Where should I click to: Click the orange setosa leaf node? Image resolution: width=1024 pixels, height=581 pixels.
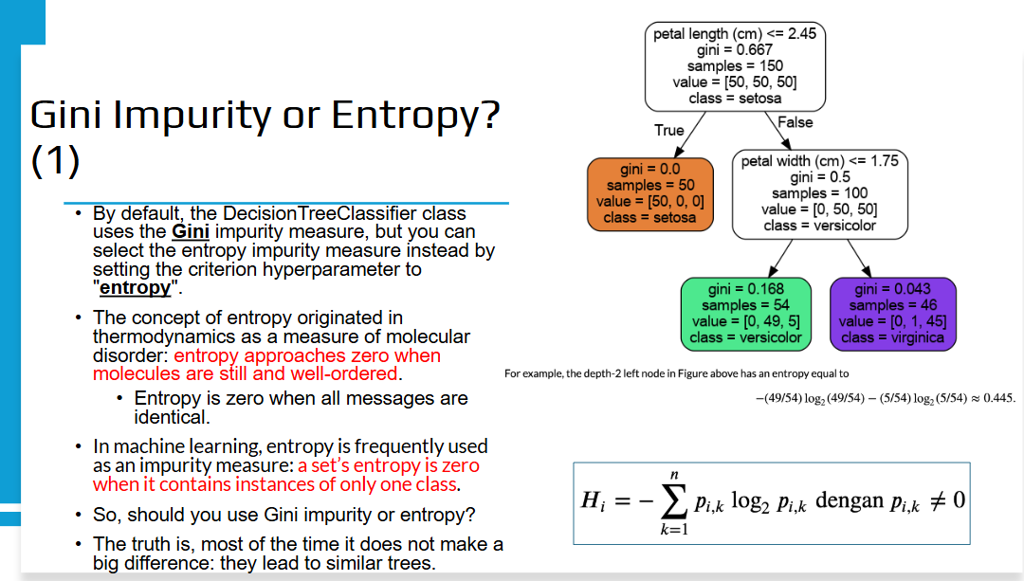[x=650, y=194]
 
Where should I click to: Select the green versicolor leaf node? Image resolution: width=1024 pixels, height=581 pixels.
[x=746, y=314]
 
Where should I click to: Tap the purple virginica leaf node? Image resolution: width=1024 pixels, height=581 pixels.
[x=893, y=314]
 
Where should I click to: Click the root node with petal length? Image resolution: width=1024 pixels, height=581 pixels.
[x=735, y=66]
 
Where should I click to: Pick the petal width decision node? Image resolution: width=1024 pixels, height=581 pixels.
[x=819, y=194]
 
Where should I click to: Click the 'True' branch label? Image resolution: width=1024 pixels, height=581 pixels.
[x=669, y=131]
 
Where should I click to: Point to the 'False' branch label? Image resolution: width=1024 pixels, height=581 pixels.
[x=795, y=122]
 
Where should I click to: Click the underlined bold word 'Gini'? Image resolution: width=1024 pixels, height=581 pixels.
[x=191, y=232]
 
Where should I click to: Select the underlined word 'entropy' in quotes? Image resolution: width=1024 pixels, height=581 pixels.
[x=136, y=288]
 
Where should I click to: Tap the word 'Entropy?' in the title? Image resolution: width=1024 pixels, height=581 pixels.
[x=415, y=116]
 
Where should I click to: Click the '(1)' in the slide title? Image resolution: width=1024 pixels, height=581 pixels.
[x=56, y=160]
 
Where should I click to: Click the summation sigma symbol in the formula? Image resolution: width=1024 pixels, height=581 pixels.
[x=674, y=501]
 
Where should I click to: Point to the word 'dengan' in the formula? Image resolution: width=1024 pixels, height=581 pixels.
[x=850, y=500]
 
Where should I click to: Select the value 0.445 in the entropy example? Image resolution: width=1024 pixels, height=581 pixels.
[x=998, y=398]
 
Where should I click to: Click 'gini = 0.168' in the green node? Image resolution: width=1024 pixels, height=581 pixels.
[x=746, y=289]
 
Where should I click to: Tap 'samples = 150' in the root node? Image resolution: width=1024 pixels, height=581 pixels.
[x=735, y=66]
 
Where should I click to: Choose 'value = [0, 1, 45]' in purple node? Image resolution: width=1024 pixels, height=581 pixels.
[x=893, y=321]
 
